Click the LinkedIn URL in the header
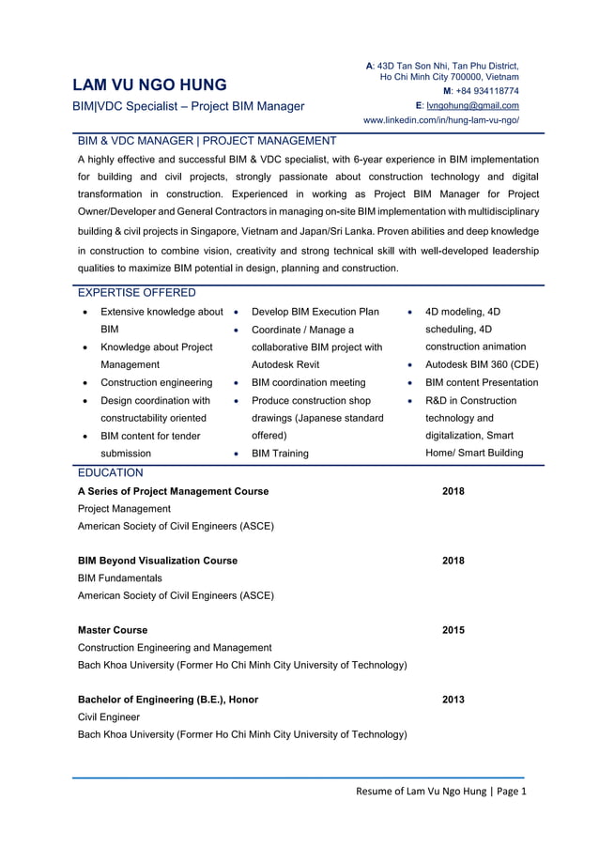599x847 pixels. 440,120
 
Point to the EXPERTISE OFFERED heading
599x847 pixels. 137,293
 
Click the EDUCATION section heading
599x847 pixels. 111,472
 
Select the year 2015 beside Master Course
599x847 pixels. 453,630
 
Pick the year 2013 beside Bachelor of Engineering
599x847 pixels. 453,700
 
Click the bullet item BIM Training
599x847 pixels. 280,454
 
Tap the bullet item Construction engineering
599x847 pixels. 157,382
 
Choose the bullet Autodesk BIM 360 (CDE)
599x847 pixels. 482,364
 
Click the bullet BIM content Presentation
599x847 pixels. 482,382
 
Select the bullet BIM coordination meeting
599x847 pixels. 308,382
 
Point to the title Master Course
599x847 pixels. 113,630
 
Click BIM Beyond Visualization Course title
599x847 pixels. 158,561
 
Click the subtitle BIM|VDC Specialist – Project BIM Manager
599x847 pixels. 191,106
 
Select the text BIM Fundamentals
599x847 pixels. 120,577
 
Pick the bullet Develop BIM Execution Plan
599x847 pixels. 315,312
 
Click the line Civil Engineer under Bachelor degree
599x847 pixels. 109,716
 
